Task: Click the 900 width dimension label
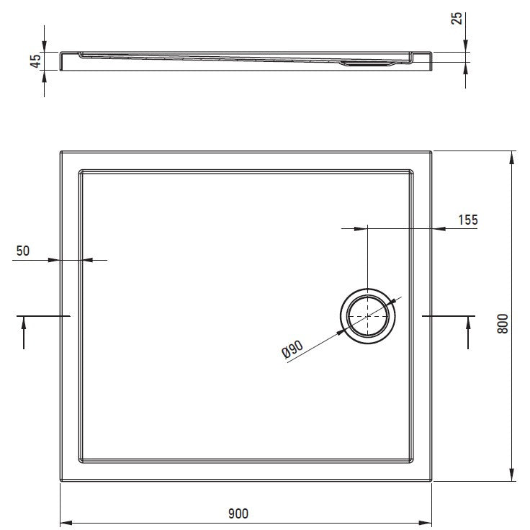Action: click(238, 513)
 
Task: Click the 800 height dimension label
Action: click(503, 324)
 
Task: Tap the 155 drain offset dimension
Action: click(468, 220)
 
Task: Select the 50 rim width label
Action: click(23, 251)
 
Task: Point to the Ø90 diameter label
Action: click(292, 349)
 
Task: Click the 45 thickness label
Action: click(35, 61)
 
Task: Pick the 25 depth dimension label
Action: click(457, 18)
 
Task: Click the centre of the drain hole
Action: click(368, 316)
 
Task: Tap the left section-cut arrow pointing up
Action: click(24, 333)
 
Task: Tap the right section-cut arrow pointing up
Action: click(468, 333)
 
